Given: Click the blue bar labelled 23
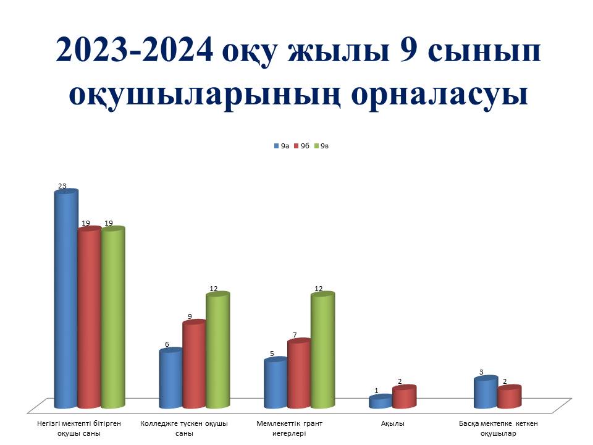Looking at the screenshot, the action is [x=66, y=299].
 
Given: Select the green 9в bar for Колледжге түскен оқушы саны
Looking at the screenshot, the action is [x=218, y=350].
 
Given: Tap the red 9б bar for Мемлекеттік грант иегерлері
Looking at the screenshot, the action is [x=299, y=373].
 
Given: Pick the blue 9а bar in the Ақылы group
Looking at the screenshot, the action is [x=381, y=402].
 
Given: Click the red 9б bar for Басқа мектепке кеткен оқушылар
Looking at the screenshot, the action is [x=510, y=397].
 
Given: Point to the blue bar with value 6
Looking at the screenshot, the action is [x=171, y=378].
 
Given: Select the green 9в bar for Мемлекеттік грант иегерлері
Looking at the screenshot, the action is [x=322, y=350].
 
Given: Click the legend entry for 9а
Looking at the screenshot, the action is [x=282, y=146].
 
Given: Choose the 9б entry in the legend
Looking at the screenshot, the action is [x=302, y=146].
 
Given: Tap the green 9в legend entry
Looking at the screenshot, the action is [x=322, y=146].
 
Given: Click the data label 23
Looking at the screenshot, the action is [x=62, y=186].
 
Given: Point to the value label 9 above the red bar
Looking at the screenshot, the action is [x=190, y=316].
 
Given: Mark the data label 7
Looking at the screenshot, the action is [x=295, y=335].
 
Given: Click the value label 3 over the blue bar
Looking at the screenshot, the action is [x=481, y=372].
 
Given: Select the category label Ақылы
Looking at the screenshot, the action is [x=393, y=424].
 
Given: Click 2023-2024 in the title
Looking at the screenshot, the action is [x=134, y=49].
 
